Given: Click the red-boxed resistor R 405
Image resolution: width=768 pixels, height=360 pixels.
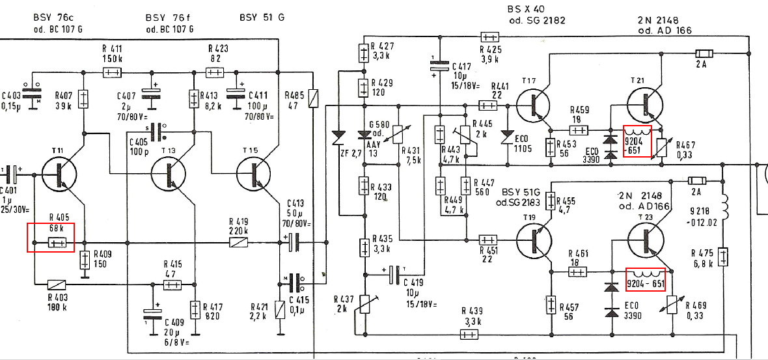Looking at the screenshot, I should (57, 243).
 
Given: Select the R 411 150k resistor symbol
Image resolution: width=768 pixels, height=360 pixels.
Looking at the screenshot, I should (112, 72).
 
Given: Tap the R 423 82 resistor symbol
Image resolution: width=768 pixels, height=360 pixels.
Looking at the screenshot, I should (215, 72).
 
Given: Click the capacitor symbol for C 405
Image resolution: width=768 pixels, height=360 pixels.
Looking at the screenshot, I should (156, 133).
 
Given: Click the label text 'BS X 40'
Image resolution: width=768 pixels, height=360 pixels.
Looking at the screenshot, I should (525, 9).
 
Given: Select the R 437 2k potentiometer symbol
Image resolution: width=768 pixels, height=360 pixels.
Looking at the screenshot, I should (366, 305).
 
